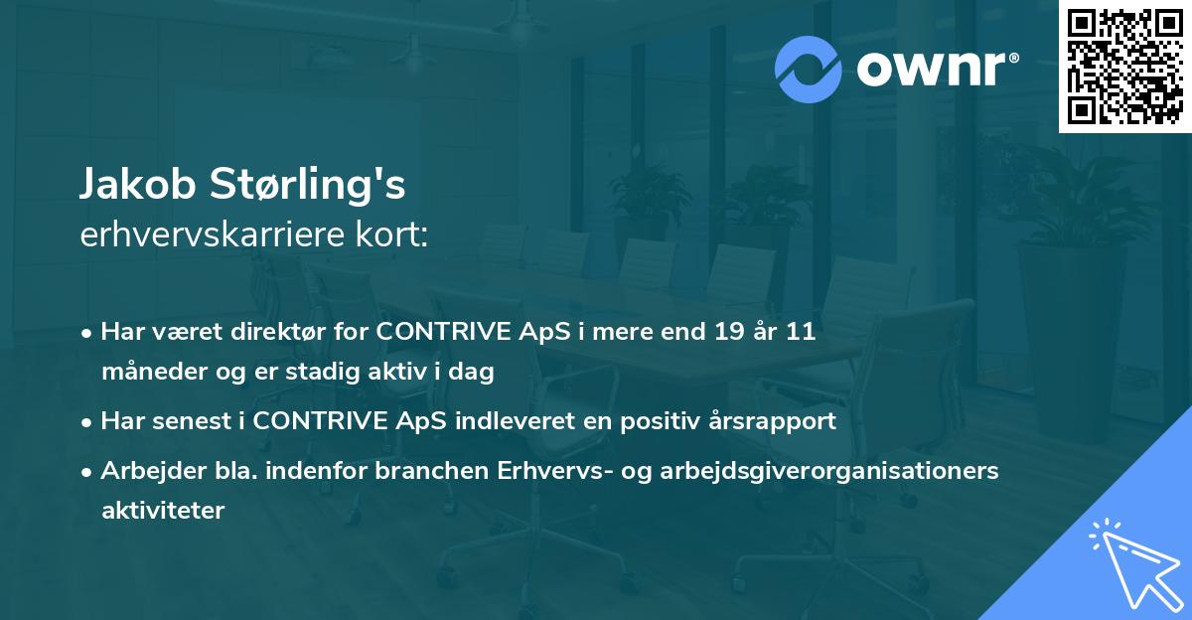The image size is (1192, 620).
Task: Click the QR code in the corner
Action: point(1124,67)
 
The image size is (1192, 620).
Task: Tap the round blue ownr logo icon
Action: point(809,70)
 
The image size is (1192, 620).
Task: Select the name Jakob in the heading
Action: point(138,185)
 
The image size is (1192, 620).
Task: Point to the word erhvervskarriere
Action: point(213,235)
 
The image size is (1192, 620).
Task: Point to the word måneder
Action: point(145,373)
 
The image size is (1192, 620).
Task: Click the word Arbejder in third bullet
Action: point(145,471)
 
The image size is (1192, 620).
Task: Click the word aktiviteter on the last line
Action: point(163,511)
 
